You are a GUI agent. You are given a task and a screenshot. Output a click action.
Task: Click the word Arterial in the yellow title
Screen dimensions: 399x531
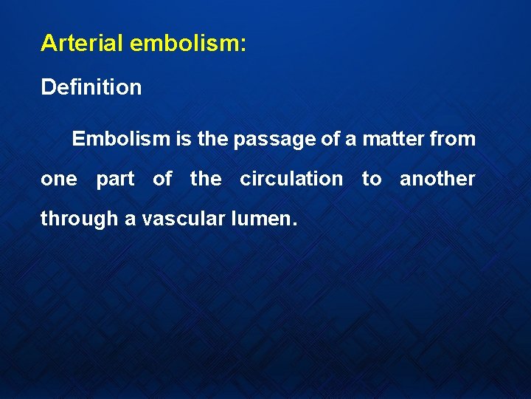tap(82, 44)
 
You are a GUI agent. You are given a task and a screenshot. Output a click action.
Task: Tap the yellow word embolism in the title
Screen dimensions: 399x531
tap(183, 44)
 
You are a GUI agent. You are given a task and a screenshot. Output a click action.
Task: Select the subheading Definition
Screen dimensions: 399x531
tap(91, 87)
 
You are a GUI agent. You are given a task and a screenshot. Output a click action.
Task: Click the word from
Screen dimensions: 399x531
tap(454, 139)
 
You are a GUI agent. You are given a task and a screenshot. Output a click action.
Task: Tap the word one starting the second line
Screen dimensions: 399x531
tap(59, 180)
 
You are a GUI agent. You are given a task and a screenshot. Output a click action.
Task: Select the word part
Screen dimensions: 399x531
tap(115, 180)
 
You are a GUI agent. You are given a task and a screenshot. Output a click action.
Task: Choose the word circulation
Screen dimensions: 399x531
tap(291, 179)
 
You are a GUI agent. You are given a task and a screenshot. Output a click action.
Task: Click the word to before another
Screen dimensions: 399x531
tap(372, 179)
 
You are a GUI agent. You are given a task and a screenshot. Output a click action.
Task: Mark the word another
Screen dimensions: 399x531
tap(437, 179)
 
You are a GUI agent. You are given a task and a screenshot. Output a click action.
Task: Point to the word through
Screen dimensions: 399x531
tap(79, 219)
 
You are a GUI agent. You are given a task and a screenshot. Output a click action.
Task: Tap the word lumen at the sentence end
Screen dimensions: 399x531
tap(264, 219)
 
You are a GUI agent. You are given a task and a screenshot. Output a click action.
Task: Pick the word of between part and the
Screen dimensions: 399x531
tap(162, 179)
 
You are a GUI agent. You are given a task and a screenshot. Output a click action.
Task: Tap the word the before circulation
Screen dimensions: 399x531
tap(206, 179)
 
